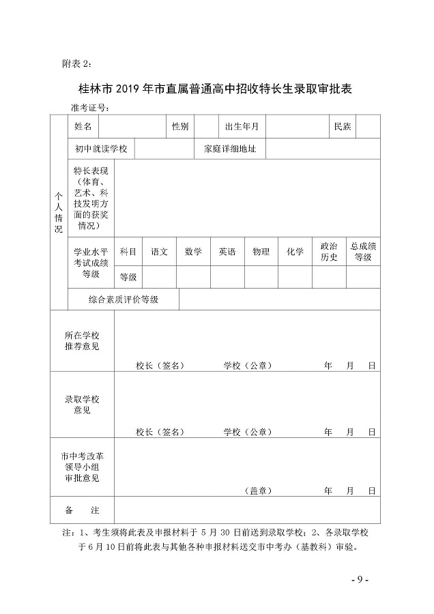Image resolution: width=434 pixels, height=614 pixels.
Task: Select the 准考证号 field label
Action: [x=90, y=108]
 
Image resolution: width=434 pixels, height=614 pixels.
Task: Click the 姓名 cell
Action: [x=83, y=127]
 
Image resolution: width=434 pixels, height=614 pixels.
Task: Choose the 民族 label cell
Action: [x=342, y=127]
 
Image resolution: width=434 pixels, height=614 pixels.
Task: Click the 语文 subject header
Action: [x=160, y=252]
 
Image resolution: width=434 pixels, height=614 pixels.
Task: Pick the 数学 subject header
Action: [x=193, y=252]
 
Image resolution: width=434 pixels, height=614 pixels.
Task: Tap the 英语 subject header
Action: [x=227, y=252]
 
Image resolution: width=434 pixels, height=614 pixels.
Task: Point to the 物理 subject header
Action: [x=261, y=252]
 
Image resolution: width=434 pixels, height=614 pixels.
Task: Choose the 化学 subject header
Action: [x=295, y=252]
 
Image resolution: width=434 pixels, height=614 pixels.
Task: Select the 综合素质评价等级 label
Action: [x=124, y=299]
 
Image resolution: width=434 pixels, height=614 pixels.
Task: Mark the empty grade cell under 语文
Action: [x=160, y=276]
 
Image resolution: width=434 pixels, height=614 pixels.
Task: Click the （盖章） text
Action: [x=257, y=491]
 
